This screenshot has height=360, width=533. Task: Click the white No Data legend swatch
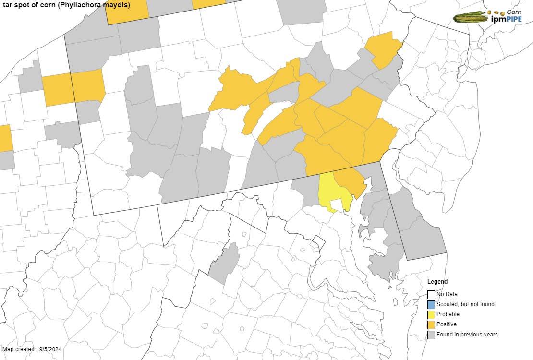point(431,294)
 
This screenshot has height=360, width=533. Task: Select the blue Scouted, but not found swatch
point(431,304)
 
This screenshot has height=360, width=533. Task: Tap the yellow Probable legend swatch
point(431,314)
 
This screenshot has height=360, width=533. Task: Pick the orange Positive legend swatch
point(431,325)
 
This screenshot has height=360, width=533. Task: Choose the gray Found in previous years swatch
point(431,335)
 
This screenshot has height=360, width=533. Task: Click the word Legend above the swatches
point(437,282)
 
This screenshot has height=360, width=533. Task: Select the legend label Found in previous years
point(467,335)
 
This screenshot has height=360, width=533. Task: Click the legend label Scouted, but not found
point(465,304)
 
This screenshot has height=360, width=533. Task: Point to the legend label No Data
point(447,294)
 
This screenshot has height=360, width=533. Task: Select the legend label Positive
point(447,325)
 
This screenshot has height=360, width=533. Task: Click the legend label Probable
point(448,314)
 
